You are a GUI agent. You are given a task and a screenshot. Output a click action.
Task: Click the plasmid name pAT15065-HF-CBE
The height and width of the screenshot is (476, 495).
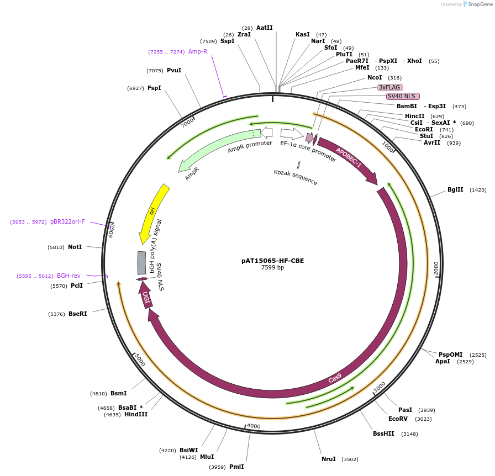[x=272, y=261]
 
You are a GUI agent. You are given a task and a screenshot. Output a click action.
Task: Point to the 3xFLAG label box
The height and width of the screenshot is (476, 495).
[x=390, y=87]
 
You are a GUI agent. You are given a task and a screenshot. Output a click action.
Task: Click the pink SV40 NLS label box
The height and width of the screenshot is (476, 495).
[x=403, y=96]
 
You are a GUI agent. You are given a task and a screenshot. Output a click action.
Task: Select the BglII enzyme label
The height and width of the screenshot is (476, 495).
[x=455, y=189]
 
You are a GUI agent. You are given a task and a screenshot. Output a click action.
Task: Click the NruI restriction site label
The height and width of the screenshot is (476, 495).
[x=329, y=459]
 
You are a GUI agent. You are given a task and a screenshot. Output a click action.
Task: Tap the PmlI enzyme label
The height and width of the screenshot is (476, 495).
[x=236, y=467]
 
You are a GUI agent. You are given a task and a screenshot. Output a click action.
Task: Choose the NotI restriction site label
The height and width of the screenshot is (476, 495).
[x=75, y=247]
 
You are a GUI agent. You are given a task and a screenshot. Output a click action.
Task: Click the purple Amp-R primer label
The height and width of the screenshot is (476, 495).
[x=197, y=51]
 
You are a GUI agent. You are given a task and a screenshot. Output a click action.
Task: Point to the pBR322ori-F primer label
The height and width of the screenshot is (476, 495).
[x=67, y=221]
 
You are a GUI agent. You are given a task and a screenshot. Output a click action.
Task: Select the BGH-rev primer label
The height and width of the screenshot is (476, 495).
[x=69, y=276]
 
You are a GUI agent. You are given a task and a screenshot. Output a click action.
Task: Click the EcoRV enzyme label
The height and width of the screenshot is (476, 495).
[x=398, y=419]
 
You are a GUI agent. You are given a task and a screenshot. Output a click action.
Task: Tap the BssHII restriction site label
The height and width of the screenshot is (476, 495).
[x=383, y=433]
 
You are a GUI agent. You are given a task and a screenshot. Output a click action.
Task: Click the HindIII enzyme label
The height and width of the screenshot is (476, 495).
[x=136, y=414]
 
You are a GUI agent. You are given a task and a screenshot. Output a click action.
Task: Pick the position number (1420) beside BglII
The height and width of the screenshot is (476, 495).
[x=478, y=189]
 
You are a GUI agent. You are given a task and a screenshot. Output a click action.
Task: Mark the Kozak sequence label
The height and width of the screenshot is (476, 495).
[x=296, y=177]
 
